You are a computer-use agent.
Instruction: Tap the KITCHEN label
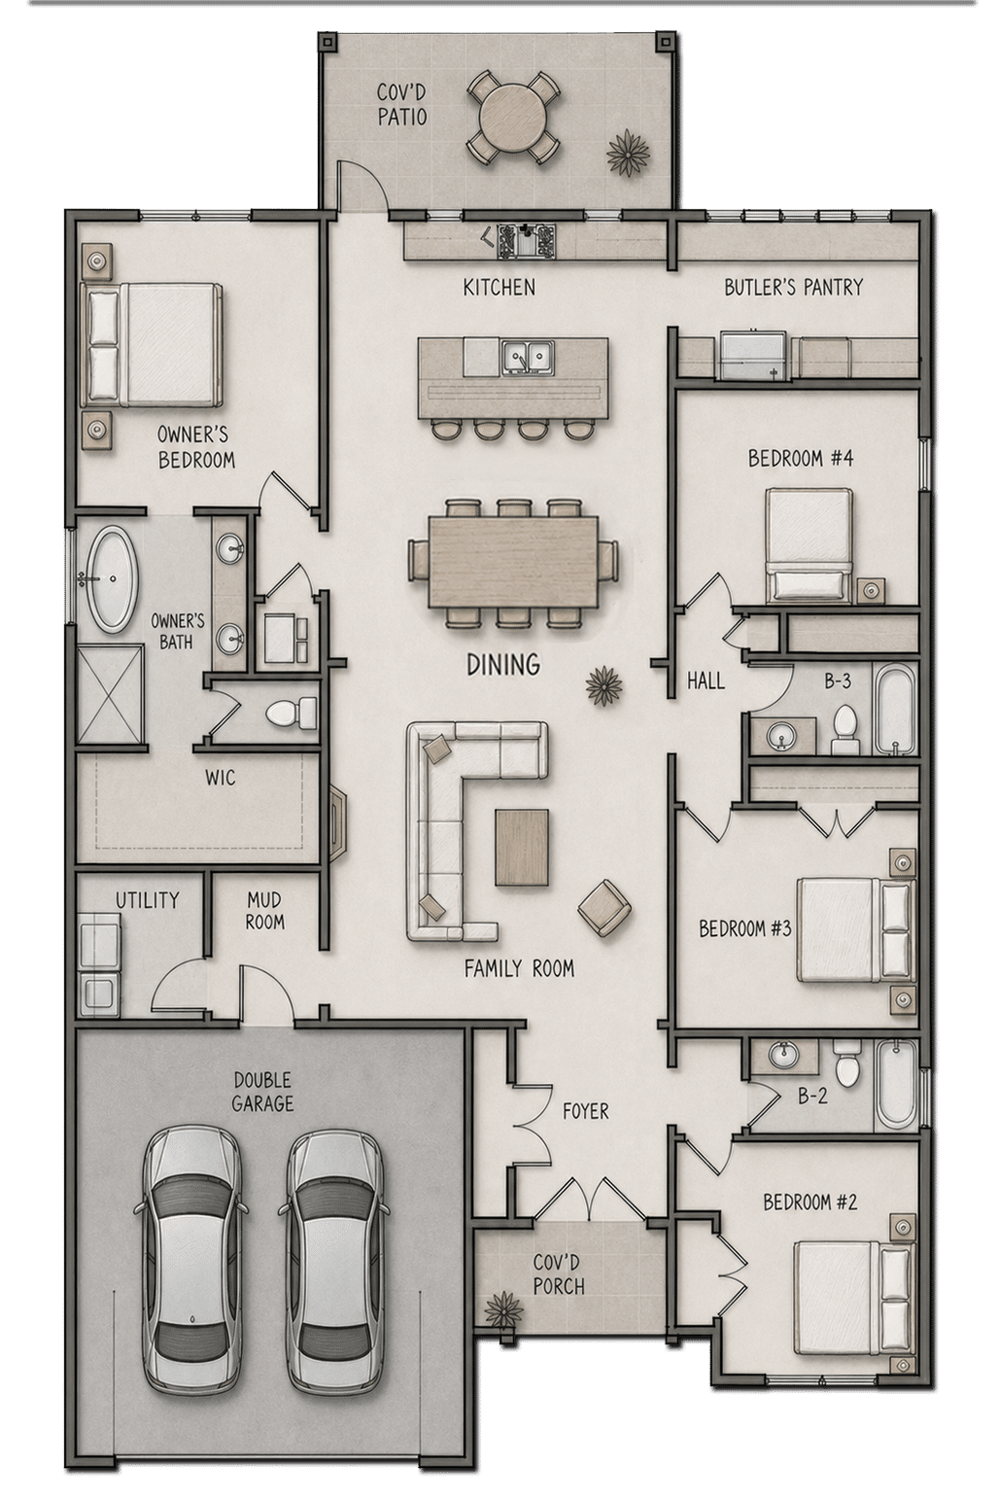coord(500,288)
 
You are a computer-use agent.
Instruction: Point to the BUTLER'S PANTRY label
coord(794,288)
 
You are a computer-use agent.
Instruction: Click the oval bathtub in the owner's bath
coord(111,579)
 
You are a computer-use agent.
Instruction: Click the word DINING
coord(503,665)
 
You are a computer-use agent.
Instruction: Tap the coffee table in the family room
coord(522,847)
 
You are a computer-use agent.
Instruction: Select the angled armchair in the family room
coord(604,908)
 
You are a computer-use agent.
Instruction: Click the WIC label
coord(221,779)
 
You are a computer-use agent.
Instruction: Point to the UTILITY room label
coord(148,900)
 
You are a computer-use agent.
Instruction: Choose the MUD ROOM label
coord(265,911)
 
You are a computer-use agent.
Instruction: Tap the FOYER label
coord(585,1111)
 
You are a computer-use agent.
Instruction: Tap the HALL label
coord(706,681)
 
